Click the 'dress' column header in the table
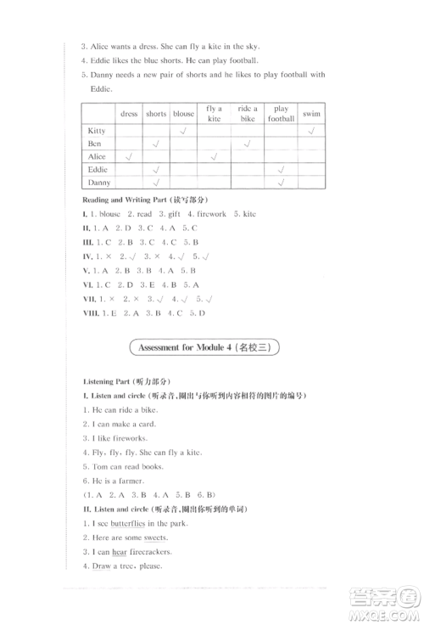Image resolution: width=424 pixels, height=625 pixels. click(x=129, y=114)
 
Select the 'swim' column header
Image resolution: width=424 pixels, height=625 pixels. click(x=312, y=114)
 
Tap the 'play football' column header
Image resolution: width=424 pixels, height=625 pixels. click(x=281, y=114)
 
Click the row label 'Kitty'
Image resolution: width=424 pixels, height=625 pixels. click(x=98, y=131)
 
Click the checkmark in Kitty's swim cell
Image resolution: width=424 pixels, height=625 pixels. click(x=312, y=131)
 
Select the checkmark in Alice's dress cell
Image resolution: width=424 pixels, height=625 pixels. click(x=129, y=157)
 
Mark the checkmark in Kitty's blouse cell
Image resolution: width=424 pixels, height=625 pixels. click(x=183, y=131)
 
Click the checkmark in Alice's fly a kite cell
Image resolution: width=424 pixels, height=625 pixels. click(x=214, y=157)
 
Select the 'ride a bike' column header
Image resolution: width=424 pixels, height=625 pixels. click(x=247, y=114)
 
